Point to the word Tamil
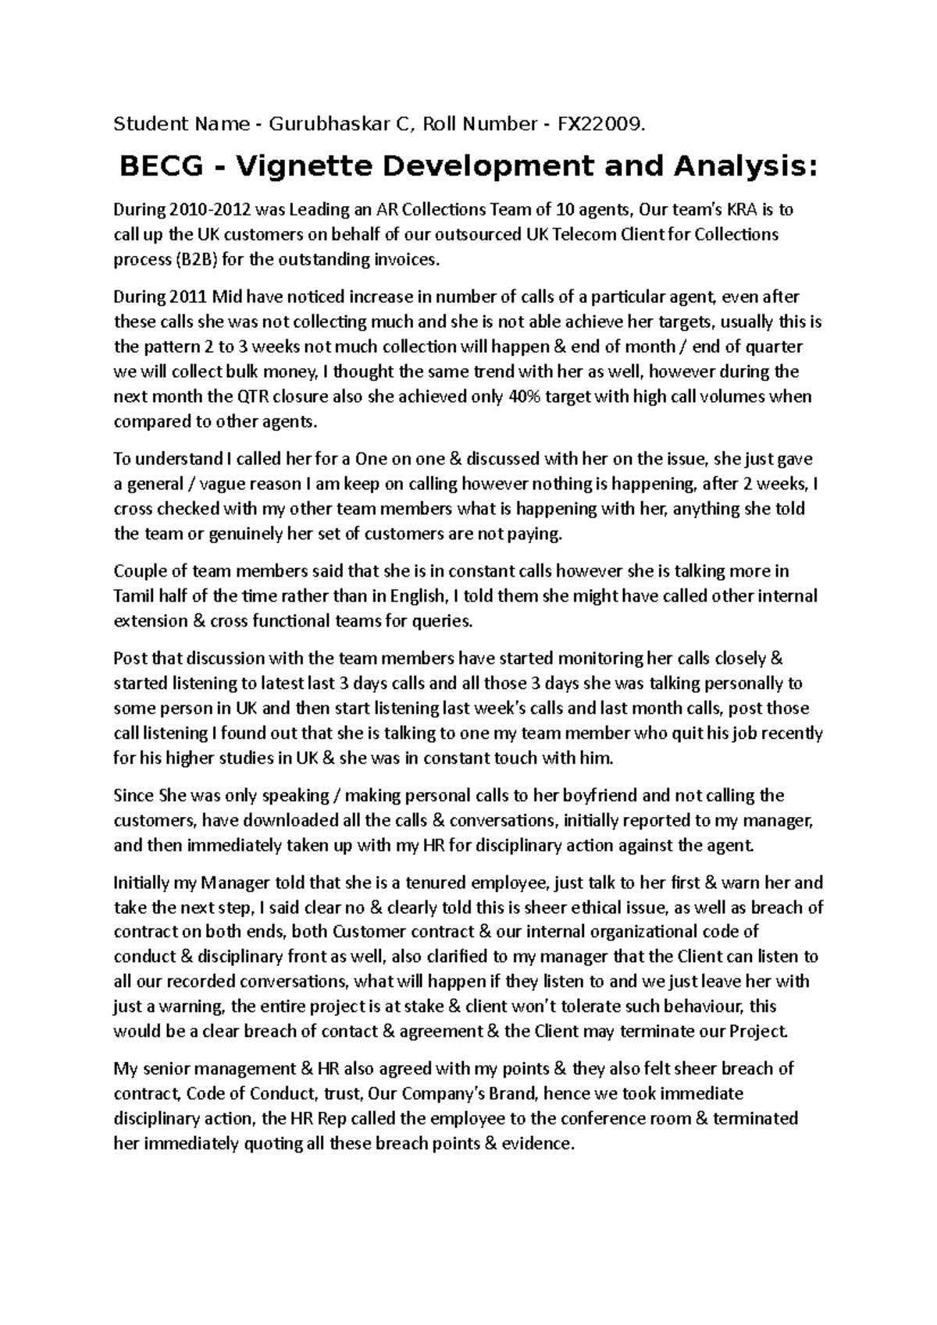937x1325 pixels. [134, 596]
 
